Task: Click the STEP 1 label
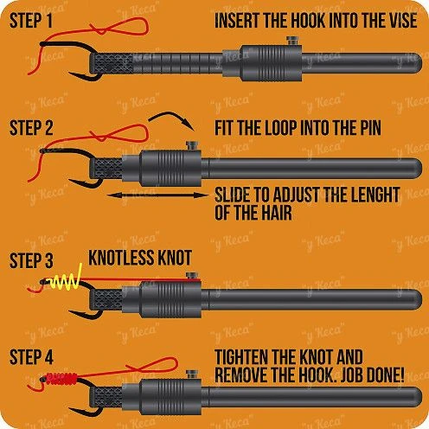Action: coord(31,21)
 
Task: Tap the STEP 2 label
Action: coord(31,128)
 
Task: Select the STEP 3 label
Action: coord(31,260)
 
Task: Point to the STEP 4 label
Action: coord(31,357)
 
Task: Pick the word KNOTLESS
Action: coord(120,258)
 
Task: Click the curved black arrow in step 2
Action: coord(172,116)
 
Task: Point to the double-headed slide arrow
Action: coord(158,195)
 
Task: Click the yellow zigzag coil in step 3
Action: coord(66,280)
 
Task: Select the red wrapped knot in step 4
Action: coord(61,379)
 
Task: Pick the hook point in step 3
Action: coord(69,311)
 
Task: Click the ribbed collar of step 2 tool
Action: coord(170,169)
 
